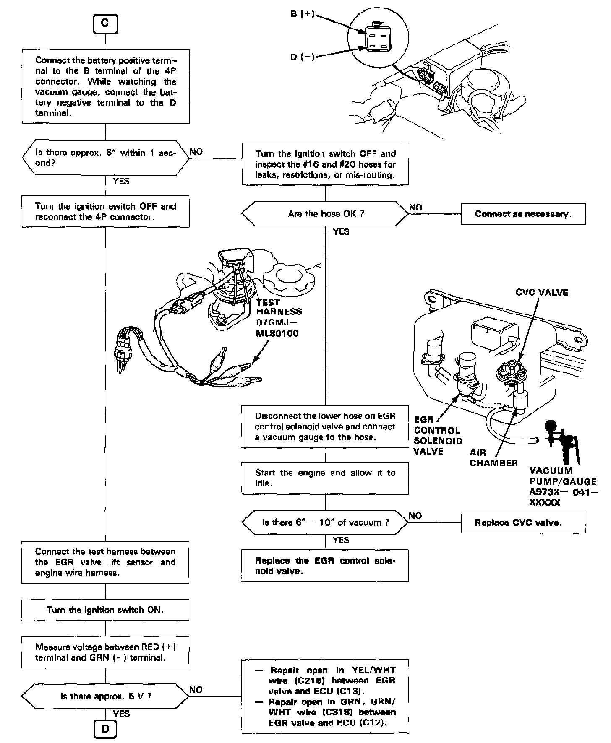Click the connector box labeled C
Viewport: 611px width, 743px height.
tap(105, 24)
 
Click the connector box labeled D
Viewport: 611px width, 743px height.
tap(105, 729)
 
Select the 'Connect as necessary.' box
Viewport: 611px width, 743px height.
tap(523, 214)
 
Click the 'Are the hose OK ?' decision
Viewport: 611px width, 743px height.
tap(325, 214)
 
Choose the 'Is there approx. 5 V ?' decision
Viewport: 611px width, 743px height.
tap(105, 696)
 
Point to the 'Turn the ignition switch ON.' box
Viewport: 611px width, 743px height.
tap(105, 610)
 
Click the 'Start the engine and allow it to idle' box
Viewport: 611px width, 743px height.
tap(325, 478)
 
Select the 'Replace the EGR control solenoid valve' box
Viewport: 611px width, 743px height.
tap(325, 566)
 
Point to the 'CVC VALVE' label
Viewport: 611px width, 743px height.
tap(542, 293)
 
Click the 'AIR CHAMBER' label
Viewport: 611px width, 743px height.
tap(493, 458)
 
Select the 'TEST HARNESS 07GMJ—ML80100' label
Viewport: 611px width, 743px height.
tap(279, 318)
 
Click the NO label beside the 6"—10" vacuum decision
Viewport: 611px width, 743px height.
tap(415, 516)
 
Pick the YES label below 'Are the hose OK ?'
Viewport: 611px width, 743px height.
tap(341, 231)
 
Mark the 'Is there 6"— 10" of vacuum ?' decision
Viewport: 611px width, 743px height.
tap(325, 522)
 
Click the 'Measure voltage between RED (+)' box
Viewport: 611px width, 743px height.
tap(105, 652)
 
